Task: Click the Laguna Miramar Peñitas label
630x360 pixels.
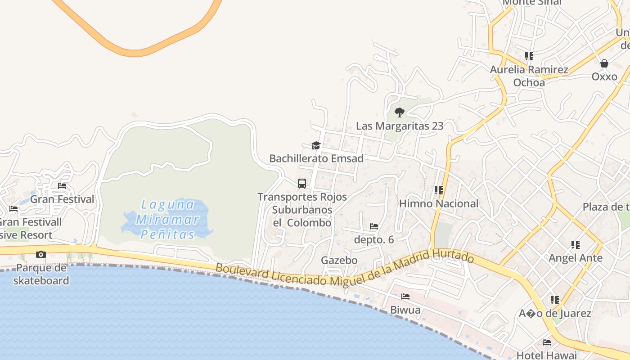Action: (167, 220)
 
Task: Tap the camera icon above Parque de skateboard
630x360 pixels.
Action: (41, 255)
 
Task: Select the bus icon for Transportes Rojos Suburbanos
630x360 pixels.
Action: (302, 184)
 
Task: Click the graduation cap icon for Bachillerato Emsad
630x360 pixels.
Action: (316, 145)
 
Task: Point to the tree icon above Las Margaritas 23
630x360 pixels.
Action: (399, 112)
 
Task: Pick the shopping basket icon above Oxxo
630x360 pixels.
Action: (604, 63)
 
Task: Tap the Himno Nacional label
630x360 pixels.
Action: (439, 204)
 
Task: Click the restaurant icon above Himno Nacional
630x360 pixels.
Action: (439, 190)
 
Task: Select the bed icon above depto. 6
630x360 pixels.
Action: (373, 226)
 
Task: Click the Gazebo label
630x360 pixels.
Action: (339, 261)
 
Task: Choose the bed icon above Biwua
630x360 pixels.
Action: (405, 297)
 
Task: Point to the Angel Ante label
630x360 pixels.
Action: (575, 258)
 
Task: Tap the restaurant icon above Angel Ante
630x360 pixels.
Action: (576, 245)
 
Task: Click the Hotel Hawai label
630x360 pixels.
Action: (546, 355)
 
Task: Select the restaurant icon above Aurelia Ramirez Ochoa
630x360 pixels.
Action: (529, 56)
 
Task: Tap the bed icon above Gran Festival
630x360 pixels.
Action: (62, 186)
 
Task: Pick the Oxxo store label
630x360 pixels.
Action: (604, 76)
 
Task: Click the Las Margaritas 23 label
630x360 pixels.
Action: (400, 126)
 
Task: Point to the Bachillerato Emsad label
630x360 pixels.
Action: (316, 159)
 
